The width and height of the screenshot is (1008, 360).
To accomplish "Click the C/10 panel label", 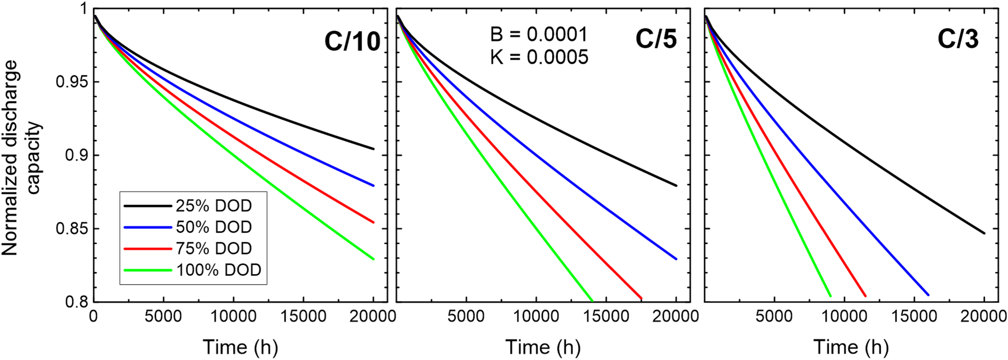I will click(x=352, y=41).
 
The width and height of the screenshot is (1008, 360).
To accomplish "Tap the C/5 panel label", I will click(x=656, y=38).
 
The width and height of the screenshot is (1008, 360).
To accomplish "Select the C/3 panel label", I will click(x=958, y=38).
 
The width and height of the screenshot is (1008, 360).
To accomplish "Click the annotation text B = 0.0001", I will click(x=539, y=35).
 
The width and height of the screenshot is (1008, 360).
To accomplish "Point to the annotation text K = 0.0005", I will click(x=539, y=57).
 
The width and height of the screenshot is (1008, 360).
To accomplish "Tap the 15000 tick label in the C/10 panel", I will click(x=303, y=317).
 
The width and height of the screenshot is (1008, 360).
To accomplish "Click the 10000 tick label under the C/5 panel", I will click(x=536, y=317).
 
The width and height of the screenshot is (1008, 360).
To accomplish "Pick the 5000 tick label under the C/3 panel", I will click(x=774, y=317).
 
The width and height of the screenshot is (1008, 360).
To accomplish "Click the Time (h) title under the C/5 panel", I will click(x=542, y=347).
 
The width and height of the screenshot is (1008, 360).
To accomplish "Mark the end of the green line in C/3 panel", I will click(x=830, y=296).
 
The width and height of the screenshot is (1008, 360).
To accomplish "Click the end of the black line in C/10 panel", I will click(x=373, y=149).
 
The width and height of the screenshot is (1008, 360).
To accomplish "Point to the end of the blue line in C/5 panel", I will click(x=676, y=259).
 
